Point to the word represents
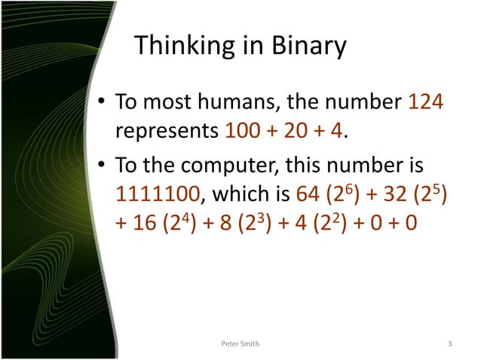(x=167, y=131)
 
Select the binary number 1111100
(x=158, y=196)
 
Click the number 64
(x=309, y=196)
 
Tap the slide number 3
(x=449, y=344)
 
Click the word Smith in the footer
(x=251, y=344)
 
